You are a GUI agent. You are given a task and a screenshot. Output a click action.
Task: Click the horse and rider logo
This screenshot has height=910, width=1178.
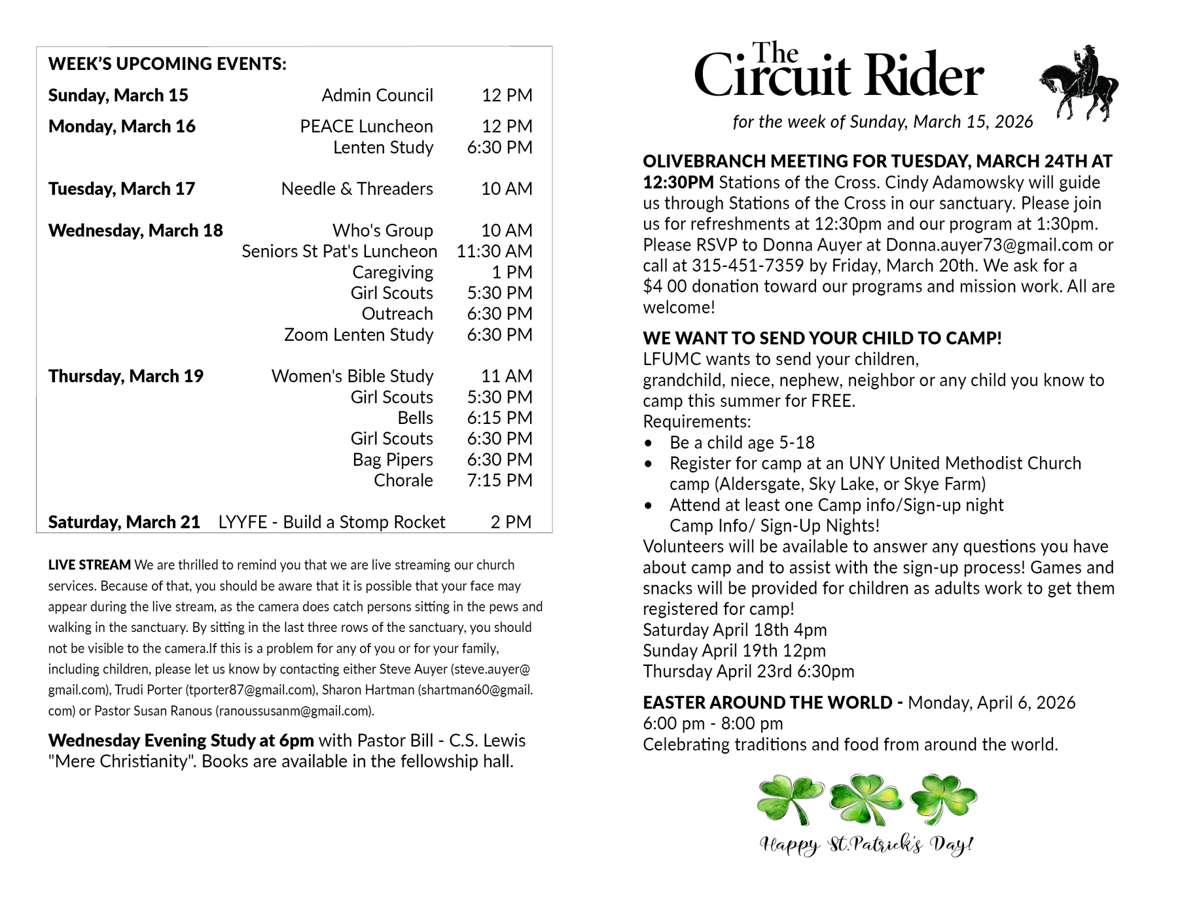(x=1079, y=84)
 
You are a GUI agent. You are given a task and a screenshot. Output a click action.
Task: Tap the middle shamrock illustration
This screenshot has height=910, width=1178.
(x=866, y=799)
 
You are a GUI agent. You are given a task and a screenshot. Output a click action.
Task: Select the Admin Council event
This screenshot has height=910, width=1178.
(x=377, y=96)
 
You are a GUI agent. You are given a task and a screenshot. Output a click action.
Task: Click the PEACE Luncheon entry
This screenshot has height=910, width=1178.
(x=366, y=126)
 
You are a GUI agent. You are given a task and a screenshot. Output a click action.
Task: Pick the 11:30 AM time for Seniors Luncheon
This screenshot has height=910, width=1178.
(x=494, y=251)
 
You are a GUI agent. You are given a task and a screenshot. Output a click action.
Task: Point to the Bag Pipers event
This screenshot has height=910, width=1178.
(x=393, y=460)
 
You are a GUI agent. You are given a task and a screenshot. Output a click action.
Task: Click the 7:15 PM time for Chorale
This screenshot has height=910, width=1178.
(x=499, y=480)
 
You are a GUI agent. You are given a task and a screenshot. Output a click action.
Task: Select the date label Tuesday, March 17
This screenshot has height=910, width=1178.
(x=122, y=189)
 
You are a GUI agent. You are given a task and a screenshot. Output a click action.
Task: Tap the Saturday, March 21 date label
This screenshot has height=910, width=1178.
(x=124, y=522)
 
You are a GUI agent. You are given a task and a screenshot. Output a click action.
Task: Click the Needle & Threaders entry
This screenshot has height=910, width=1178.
(x=357, y=189)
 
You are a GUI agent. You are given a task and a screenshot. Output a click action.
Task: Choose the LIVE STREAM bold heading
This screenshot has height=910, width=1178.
(x=89, y=565)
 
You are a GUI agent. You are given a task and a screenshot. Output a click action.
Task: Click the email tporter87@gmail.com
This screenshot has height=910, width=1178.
(x=251, y=690)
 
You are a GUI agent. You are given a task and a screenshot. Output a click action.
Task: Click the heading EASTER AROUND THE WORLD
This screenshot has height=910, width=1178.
(x=767, y=703)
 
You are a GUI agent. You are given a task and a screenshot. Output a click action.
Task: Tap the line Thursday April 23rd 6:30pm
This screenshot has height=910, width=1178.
(x=748, y=672)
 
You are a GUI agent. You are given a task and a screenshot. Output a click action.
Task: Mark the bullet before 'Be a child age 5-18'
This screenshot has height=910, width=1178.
(x=648, y=444)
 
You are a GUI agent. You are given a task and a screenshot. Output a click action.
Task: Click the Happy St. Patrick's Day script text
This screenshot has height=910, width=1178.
(x=866, y=845)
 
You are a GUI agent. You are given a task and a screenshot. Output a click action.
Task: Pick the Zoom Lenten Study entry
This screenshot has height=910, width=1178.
(x=358, y=335)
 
